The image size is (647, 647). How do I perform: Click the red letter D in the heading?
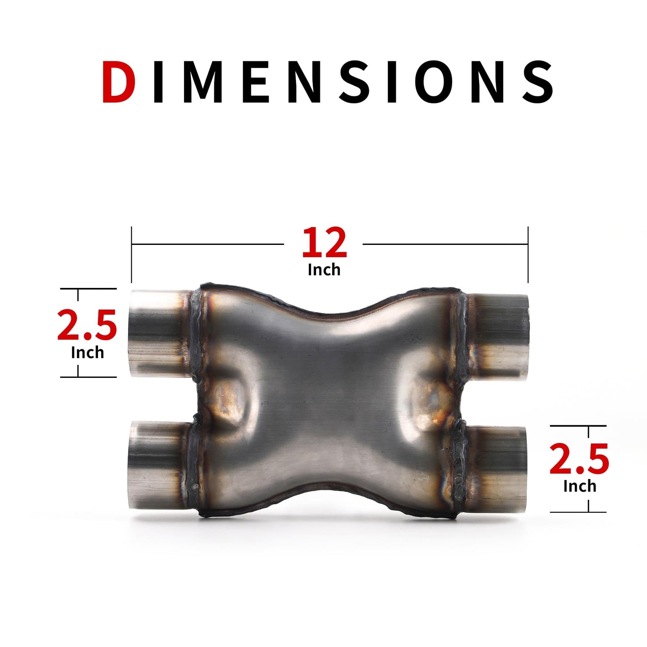pos(119,81)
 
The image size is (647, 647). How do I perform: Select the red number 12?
pos(324,242)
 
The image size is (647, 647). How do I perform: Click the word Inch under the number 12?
pos(324,270)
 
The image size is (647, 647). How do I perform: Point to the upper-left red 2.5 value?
pos(87,325)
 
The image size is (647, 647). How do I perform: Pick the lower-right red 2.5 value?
pos(579,458)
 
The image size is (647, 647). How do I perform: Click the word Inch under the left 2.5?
pos(87,353)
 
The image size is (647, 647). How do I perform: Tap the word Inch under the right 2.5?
pos(580,486)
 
